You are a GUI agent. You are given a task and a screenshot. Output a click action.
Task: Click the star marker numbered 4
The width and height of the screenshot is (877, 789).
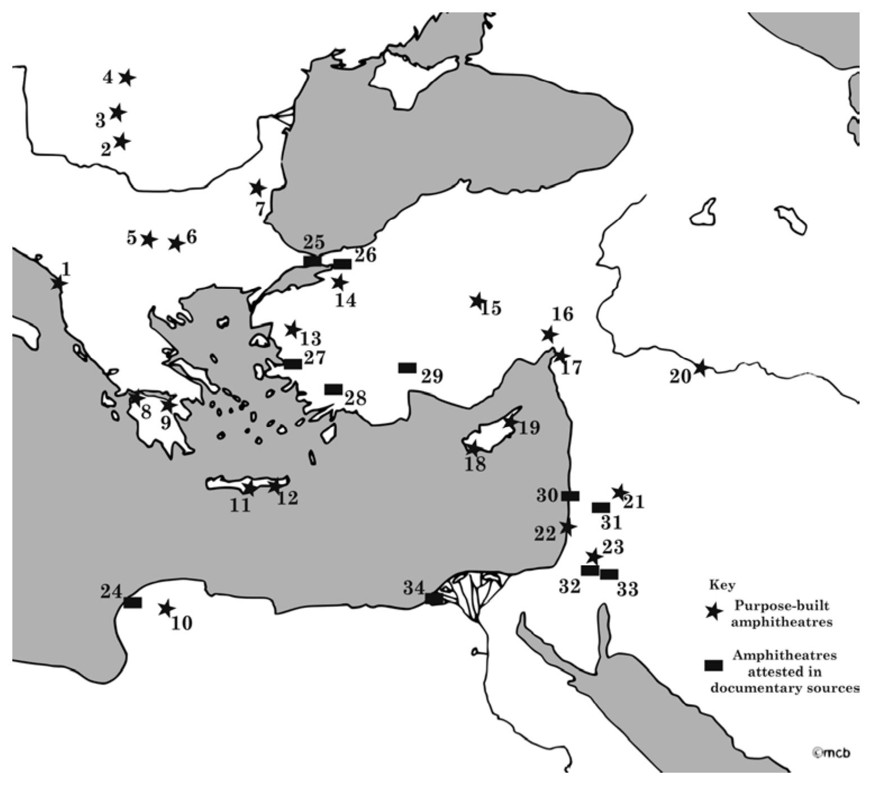(127, 78)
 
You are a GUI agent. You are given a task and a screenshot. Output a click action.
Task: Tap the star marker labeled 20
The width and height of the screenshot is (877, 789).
(700, 368)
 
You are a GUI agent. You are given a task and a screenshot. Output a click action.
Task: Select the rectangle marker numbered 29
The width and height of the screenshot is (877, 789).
(407, 368)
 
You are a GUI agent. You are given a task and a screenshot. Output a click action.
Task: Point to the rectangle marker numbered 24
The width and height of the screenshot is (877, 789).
(133, 603)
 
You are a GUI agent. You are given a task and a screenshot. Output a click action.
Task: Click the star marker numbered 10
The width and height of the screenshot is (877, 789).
(165, 608)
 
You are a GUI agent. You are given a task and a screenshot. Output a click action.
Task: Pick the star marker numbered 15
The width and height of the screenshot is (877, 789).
(477, 301)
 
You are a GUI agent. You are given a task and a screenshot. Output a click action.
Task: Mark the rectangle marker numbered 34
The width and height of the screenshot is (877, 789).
(434, 599)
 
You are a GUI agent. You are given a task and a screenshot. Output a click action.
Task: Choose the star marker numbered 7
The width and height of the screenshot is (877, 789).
(257, 188)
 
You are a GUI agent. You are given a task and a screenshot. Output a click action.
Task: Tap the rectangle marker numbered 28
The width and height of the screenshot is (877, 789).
(334, 389)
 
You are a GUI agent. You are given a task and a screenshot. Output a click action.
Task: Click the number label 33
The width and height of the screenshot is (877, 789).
(627, 590)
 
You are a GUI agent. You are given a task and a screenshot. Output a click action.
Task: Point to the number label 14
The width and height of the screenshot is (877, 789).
(346, 301)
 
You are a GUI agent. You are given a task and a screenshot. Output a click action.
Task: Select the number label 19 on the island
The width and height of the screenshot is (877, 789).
(529, 428)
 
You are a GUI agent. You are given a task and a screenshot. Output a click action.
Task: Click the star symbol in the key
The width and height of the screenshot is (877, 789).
(714, 612)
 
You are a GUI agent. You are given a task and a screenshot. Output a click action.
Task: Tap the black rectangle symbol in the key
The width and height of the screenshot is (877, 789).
(714, 665)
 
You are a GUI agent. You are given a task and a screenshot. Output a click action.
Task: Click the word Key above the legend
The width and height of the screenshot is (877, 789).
(722, 585)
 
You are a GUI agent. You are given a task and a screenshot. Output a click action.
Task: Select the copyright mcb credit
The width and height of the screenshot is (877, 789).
(831, 752)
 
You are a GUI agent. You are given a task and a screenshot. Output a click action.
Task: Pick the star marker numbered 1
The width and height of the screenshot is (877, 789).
(58, 283)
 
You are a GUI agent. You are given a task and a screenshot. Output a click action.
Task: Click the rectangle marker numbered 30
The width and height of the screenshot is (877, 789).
(570, 496)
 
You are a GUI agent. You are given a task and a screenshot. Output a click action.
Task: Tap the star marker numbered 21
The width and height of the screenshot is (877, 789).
(619, 492)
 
